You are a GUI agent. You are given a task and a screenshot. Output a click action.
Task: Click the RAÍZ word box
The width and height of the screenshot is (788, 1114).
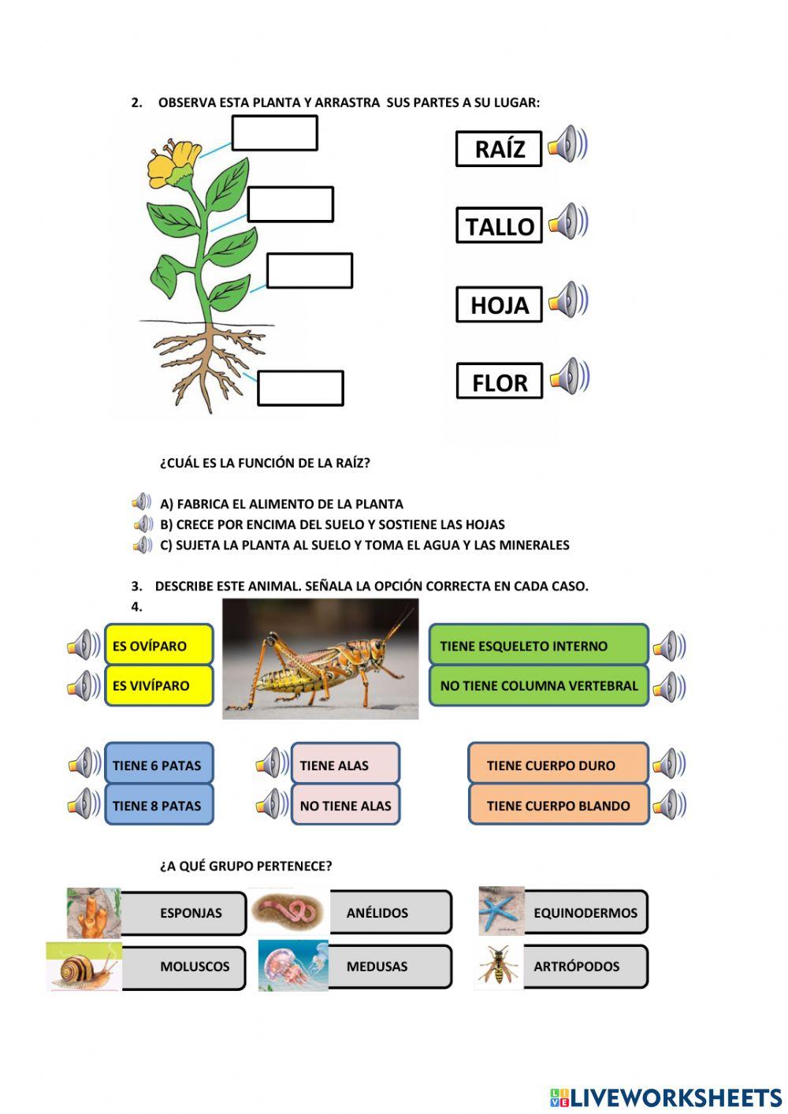[499, 149]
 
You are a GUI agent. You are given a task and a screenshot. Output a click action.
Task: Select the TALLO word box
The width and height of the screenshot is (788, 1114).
[499, 225]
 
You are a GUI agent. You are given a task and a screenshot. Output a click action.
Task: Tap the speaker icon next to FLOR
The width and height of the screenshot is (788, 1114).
[570, 376]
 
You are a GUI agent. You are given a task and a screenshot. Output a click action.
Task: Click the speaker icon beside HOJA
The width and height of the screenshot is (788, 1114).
[568, 300]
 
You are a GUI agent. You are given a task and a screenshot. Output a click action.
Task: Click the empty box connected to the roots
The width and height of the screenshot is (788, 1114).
[300, 388]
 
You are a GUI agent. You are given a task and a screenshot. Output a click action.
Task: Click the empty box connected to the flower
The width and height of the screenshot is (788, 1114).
[274, 132]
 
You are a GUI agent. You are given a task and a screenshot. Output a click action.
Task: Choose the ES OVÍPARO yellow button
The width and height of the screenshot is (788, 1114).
[159, 646]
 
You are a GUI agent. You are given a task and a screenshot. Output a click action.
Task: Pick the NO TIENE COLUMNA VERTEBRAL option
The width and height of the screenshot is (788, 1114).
[538, 685]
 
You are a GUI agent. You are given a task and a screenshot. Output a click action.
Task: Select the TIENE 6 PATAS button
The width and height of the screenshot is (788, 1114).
[158, 765]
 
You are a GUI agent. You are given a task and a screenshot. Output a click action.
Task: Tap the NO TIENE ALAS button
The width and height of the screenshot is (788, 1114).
[345, 805]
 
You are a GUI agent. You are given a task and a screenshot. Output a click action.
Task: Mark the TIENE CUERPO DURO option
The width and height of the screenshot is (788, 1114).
[558, 765]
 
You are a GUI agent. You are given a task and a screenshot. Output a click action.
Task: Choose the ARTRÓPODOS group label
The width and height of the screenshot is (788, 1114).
[583, 966]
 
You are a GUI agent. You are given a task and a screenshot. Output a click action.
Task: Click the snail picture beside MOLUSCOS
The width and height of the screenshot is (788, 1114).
[84, 967]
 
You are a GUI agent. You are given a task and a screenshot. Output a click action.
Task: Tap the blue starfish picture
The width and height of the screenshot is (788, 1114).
[501, 911]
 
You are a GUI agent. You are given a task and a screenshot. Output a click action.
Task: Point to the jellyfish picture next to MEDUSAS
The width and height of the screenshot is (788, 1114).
[292, 965]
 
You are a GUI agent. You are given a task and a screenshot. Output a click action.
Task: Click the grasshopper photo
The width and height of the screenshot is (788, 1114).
[320, 658]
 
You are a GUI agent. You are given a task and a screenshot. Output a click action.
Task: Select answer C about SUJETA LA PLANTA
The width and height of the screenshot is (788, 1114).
[364, 545]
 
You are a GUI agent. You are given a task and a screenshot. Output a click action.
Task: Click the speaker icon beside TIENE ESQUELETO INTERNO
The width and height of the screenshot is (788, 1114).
[669, 646]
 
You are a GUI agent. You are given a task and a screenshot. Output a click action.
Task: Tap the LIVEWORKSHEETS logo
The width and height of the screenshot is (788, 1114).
[666, 1097]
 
